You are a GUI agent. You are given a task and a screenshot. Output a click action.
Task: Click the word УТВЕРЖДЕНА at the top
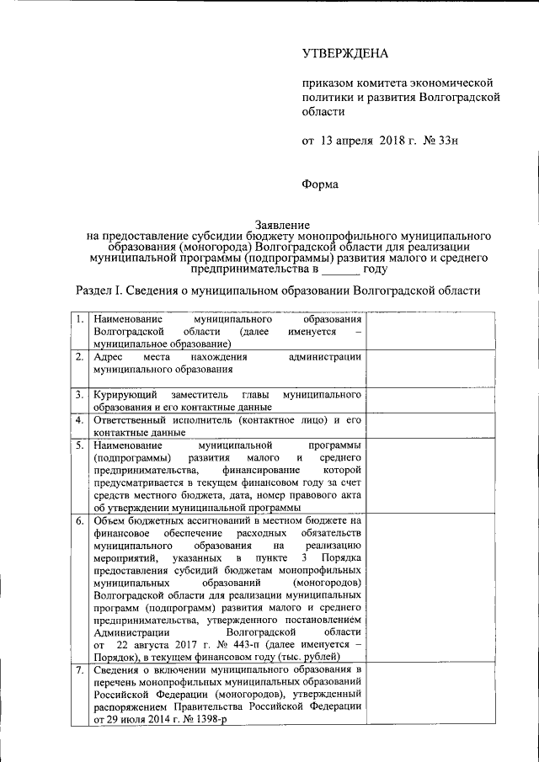click(x=345, y=54)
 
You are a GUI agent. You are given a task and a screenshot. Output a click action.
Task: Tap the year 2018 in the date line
click(x=382, y=141)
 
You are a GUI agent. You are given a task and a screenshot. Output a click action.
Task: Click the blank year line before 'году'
click(x=341, y=269)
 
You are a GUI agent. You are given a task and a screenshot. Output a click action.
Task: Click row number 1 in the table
click(x=78, y=320)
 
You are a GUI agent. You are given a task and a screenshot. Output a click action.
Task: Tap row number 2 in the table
click(x=78, y=357)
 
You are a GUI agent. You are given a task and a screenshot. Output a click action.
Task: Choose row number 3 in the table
click(x=78, y=394)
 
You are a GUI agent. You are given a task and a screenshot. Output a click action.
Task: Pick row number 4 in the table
click(x=78, y=419)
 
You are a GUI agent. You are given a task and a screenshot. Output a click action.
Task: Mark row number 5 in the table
click(x=78, y=444)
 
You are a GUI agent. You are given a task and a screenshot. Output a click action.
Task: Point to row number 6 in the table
click(x=78, y=521)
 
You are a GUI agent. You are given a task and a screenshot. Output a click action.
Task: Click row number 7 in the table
click(x=78, y=670)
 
